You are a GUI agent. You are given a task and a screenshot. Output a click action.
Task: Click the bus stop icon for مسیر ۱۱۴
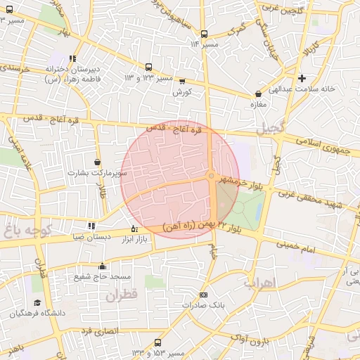click(204, 33)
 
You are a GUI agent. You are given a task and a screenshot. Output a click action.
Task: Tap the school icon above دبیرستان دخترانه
click(72, 59)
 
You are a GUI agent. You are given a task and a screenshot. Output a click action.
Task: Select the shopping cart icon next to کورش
click(182, 82)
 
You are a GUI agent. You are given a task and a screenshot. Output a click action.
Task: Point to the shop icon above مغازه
click(258, 93)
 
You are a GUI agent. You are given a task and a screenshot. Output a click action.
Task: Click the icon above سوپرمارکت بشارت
click(97, 162)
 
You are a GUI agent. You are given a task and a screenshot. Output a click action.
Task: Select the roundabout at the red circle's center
click(212, 176)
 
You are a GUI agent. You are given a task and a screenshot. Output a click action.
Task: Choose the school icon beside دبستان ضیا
click(91, 226)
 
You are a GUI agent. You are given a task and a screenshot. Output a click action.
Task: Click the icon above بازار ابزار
click(135, 229)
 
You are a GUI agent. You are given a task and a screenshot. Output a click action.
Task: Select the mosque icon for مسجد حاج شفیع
click(103, 266)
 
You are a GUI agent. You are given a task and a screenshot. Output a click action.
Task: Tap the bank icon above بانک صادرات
click(204, 295)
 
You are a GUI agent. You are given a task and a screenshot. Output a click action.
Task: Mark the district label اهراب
click(262, 283)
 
